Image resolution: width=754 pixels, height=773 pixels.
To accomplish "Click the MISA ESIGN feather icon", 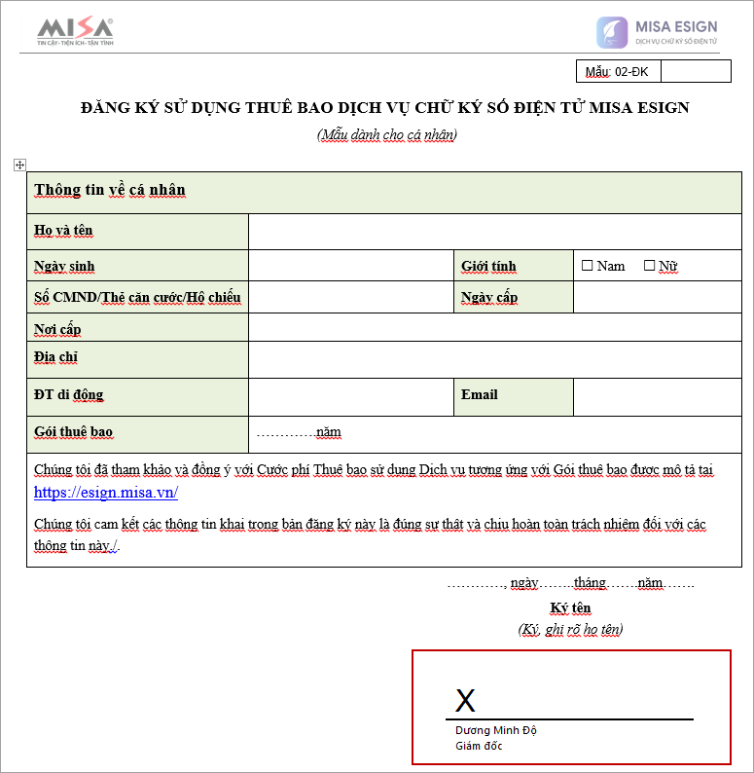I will pos(612,32).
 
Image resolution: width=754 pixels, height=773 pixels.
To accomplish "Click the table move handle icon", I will pos(19,166).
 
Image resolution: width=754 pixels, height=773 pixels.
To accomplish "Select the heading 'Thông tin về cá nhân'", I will pos(110,190).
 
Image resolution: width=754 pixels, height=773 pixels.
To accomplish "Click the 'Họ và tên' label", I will pos(63,231).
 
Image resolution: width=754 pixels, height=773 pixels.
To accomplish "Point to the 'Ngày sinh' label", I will pos(64,266).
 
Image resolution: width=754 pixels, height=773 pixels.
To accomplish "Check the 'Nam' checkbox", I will pos(587,265).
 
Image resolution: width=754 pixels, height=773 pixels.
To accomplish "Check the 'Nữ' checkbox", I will pos(650,265).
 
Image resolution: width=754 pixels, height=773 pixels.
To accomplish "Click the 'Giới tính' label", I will pos(488,266).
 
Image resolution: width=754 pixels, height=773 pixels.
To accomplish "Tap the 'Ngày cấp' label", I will pos(489,297).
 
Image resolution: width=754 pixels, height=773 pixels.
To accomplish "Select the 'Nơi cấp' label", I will pos(57,328).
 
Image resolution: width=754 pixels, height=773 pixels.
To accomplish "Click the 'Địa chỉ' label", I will pos(55,357).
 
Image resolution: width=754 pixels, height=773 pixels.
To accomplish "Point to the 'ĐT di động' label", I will pos(68,394).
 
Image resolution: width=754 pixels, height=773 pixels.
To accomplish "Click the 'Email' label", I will pos(480,394).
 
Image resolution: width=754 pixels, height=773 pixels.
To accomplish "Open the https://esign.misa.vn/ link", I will pos(106,493).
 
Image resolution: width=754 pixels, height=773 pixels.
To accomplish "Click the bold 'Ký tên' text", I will pos(570,608).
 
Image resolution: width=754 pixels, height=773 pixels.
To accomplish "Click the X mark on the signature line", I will pos(466,700).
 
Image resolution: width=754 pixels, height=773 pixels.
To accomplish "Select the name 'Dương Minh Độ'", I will pos(496,730).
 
